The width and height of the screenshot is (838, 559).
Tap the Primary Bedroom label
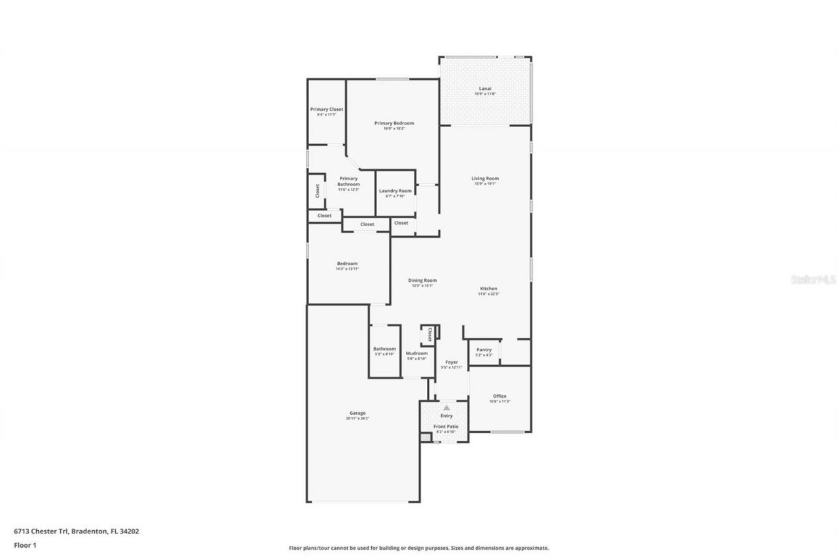(394, 123)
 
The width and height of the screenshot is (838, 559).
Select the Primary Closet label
(327, 109)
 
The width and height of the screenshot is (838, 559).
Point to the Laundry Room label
(395, 191)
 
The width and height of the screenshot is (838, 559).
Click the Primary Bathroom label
(348, 182)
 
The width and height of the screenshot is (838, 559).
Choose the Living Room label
(485, 178)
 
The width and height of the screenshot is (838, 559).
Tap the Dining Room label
(424, 280)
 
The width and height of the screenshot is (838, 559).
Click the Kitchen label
(488, 289)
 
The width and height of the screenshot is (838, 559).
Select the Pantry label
(484, 350)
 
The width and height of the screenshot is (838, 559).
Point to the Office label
(500, 396)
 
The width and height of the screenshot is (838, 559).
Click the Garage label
(357, 414)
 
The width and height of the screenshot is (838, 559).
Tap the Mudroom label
(416, 353)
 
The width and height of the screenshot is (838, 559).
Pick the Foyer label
(452, 362)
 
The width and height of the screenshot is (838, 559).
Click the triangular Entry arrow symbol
(446, 408)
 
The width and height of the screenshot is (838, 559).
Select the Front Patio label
(446, 427)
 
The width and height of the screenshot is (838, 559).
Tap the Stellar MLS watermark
(813, 279)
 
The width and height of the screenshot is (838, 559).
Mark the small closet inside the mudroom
(429, 335)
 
